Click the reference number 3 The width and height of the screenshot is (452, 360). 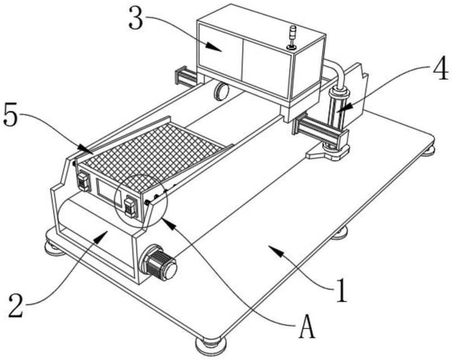point(136,18)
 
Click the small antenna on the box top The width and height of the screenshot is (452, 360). point(292,38)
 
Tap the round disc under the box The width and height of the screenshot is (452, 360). point(221,91)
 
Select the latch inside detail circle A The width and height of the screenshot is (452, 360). point(130,207)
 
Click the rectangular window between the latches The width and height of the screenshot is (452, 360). point(108,192)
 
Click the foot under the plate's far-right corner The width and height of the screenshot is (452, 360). point(428,150)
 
